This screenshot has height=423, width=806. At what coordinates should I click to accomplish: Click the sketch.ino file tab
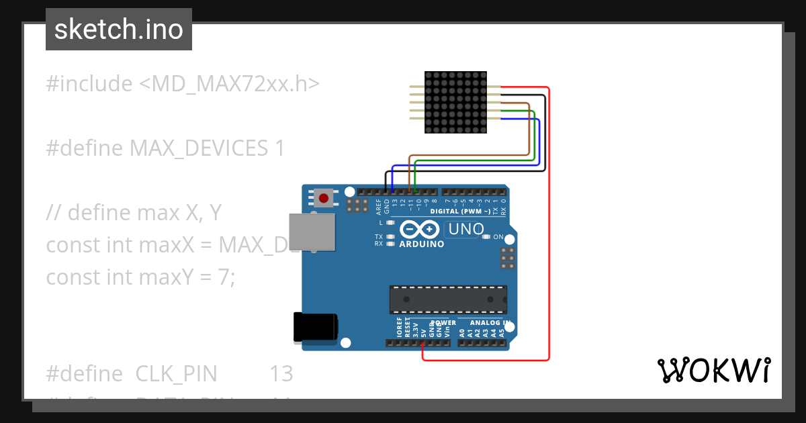click(118, 30)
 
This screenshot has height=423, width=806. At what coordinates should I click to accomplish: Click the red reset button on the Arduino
click(324, 198)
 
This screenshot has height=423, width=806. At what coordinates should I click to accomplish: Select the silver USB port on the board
click(312, 233)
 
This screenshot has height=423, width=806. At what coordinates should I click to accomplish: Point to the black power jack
click(315, 328)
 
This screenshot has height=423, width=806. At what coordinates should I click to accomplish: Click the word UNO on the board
click(466, 229)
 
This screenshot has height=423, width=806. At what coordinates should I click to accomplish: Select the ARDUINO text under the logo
click(422, 244)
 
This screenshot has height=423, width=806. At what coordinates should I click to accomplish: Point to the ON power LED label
click(498, 237)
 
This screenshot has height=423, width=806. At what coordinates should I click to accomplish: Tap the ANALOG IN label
click(489, 323)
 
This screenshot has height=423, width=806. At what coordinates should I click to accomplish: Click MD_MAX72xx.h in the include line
click(229, 84)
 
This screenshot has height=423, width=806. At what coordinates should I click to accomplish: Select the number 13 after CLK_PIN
click(281, 374)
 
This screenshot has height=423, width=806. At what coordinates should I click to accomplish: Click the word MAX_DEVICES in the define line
click(198, 148)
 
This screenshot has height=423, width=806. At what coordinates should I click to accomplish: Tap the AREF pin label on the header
click(378, 205)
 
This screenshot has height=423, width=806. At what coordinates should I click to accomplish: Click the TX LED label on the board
click(379, 237)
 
